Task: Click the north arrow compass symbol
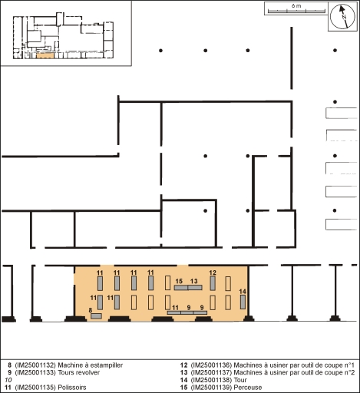tap(342, 17)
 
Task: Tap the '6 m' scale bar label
tap(296, 6)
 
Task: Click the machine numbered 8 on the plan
tap(96, 316)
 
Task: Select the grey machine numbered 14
tap(243, 302)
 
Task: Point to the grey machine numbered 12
tap(213, 283)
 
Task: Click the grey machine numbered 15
tap(181, 288)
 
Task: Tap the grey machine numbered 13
tap(195, 288)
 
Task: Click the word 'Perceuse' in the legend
tap(248, 388)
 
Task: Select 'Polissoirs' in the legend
tap(72, 388)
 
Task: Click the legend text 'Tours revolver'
tap(78, 372)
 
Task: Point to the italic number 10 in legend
tap(8, 380)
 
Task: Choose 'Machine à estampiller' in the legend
tap(91, 365)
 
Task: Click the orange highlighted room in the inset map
tap(45, 55)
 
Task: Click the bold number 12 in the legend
tap(183, 365)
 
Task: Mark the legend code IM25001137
tap(211, 372)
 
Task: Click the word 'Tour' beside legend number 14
tap(240, 380)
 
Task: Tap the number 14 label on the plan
tap(243, 292)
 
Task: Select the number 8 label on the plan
tap(91, 310)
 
